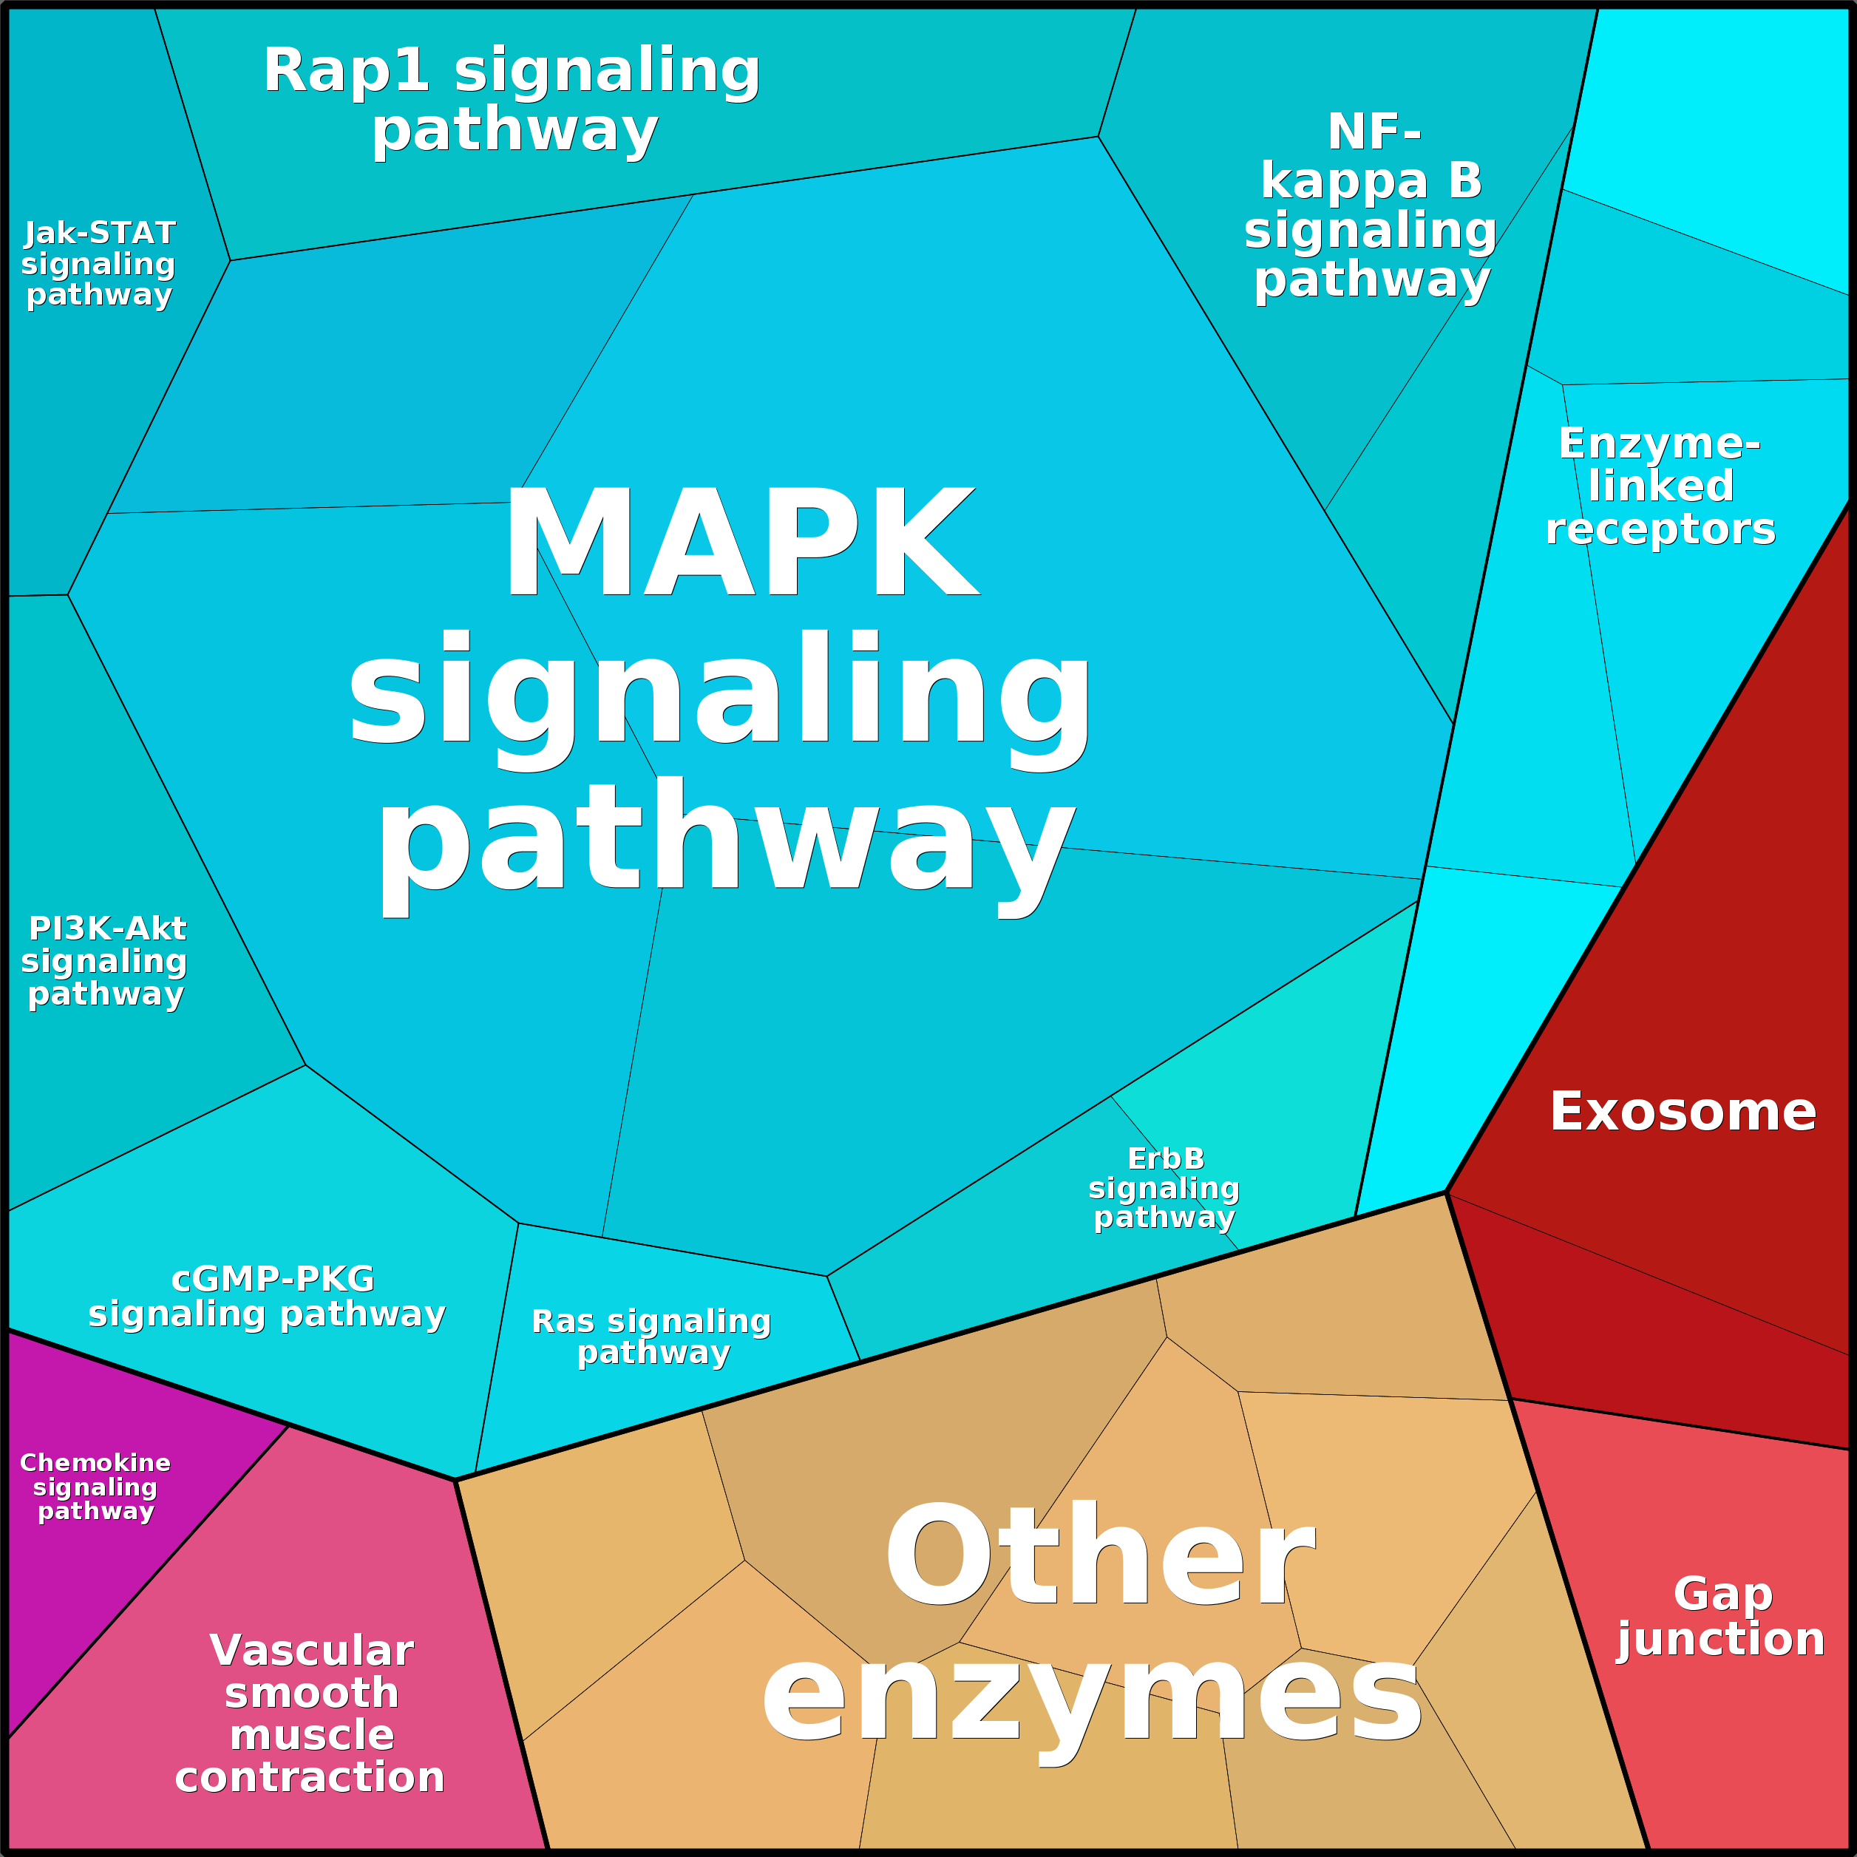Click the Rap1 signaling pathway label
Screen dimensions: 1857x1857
[x=512, y=100]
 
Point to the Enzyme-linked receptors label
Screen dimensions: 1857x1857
[x=1660, y=486]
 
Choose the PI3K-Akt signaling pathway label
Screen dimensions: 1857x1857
[x=105, y=960]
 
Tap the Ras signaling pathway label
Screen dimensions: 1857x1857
[x=652, y=1336]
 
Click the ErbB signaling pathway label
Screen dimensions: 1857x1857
[x=1164, y=1187]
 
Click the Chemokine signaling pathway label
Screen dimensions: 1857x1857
[x=95, y=1486]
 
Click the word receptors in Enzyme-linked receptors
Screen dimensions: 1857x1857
[x=1660, y=529]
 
